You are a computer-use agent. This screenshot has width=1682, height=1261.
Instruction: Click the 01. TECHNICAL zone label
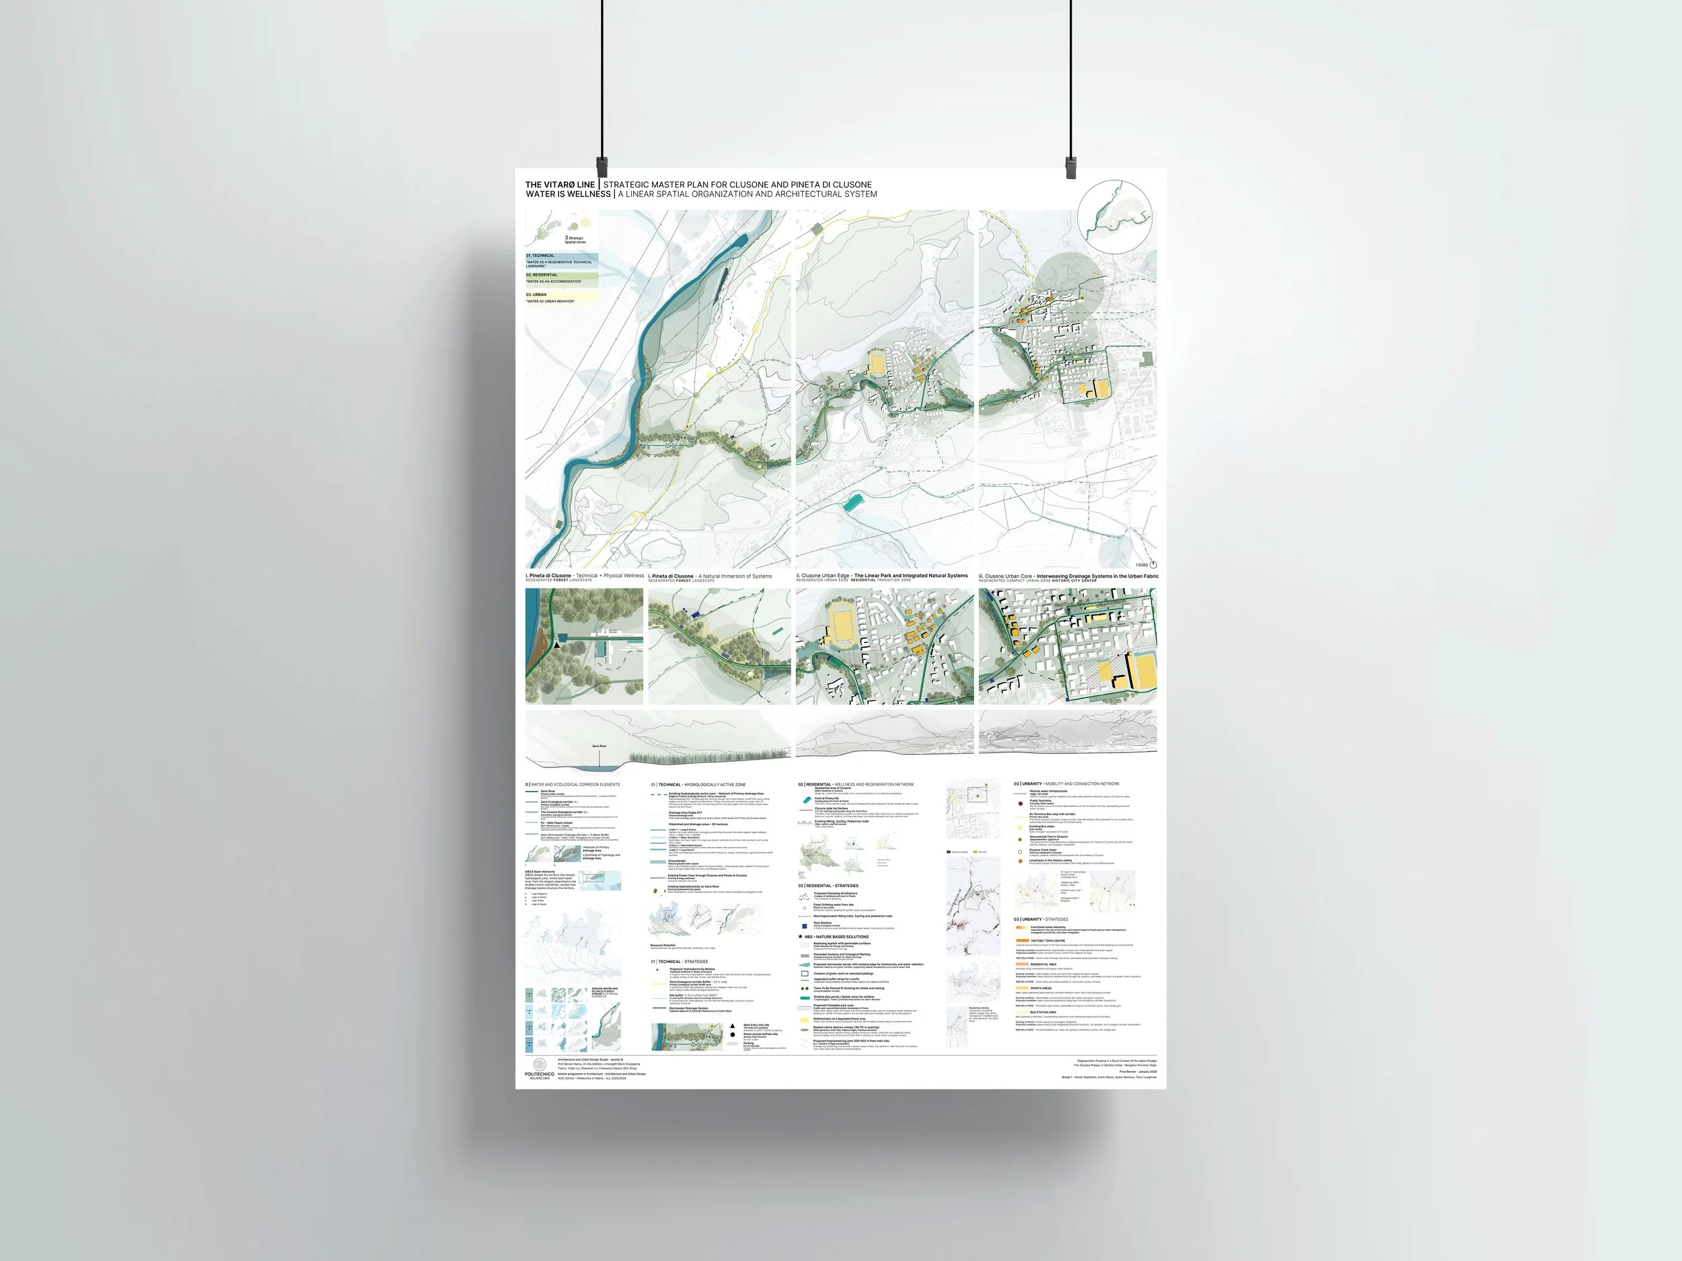(541, 256)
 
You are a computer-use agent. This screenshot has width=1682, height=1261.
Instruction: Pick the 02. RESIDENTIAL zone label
(542, 275)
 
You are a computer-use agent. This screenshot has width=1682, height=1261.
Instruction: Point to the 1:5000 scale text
(1141, 566)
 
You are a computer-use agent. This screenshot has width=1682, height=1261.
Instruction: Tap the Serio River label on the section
(600, 747)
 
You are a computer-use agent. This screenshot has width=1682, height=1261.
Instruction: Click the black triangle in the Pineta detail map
(557, 644)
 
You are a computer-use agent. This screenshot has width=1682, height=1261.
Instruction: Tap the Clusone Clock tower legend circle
(1021, 852)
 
